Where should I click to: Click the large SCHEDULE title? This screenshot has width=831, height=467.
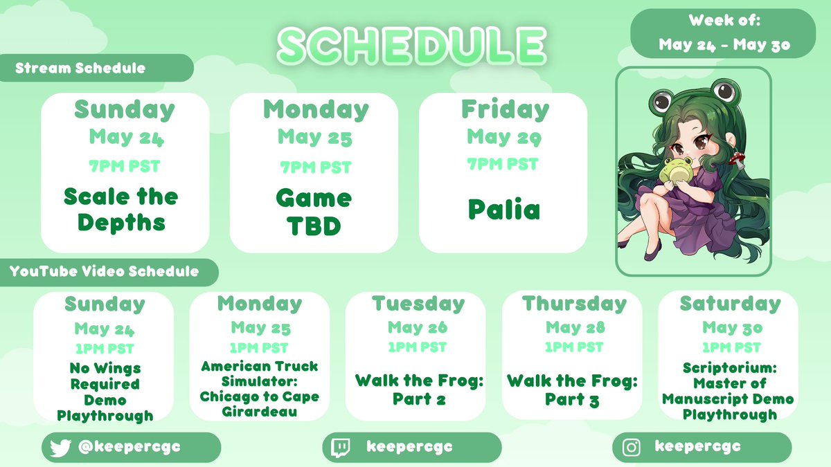point(412,46)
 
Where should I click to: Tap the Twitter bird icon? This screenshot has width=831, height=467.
point(60,448)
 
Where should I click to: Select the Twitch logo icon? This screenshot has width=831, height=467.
point(340,448)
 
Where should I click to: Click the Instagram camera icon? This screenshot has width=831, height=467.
point(631,448)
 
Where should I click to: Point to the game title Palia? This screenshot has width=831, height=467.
point(504,210)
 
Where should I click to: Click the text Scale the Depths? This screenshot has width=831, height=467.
point(121,210)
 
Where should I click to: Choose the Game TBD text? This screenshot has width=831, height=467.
point(314,212)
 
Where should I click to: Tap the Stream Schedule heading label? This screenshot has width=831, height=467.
point(80,68)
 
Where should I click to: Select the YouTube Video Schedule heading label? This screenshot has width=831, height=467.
point(104,271)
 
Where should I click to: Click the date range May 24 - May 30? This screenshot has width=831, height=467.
point(724,45)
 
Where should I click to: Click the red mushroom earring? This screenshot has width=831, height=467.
point(736,158)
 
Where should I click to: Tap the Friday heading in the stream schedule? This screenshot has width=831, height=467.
point(505,110)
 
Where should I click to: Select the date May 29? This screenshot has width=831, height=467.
point(504,137)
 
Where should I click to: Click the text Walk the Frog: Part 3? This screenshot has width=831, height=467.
point(572,390)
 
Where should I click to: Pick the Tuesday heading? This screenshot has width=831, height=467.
point(418,304)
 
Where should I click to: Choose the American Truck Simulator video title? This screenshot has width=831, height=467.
point(259,389)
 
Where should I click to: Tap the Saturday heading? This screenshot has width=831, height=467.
point(731,304)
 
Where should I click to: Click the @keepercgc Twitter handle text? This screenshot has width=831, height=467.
point(129,447)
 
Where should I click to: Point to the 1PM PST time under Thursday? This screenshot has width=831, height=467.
point(574,347)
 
